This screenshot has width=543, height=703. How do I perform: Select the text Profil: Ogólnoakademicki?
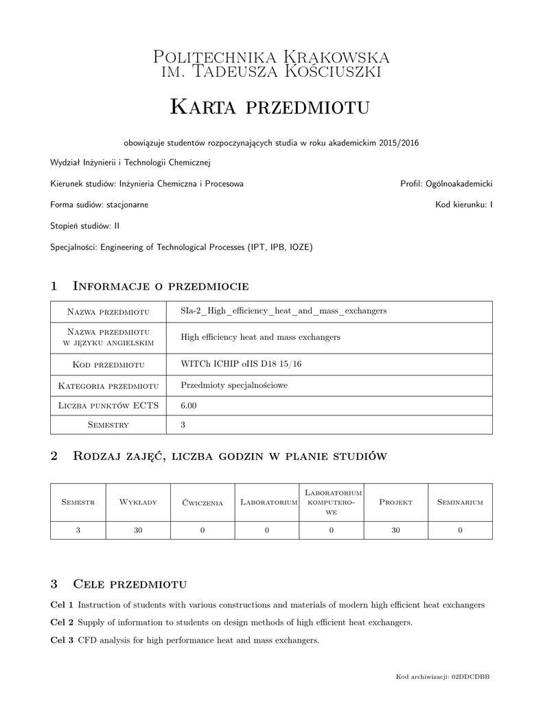(446, 184)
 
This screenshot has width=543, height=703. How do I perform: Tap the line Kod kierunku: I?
(464, 205)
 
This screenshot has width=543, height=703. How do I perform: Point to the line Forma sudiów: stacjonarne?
(100, 205)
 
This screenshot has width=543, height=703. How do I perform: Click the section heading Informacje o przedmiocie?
(160, 286)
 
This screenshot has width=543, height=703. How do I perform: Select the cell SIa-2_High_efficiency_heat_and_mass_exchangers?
(284, 311)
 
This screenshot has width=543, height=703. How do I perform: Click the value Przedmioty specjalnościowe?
(234, 386)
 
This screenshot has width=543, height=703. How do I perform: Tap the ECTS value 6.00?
(189, 406)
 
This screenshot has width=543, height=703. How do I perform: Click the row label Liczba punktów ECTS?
(108, 406)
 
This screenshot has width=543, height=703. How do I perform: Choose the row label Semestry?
(108, 425)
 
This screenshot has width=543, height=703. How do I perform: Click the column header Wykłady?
(138, 503)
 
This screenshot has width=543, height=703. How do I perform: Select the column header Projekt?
(395, 503)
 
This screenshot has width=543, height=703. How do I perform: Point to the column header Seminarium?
(460, 503)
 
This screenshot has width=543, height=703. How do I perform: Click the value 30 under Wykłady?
(138, 530)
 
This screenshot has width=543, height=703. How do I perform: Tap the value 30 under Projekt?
(395, 530)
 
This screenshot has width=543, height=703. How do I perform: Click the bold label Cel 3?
(62, 641)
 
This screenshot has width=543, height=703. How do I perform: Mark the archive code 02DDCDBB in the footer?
(470, 677)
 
